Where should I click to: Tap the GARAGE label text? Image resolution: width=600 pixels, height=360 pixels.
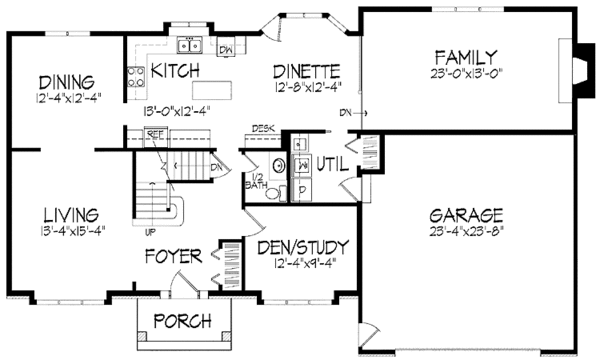465,216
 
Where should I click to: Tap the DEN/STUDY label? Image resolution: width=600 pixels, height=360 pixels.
302,246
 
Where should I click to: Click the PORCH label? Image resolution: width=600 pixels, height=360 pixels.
181,321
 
